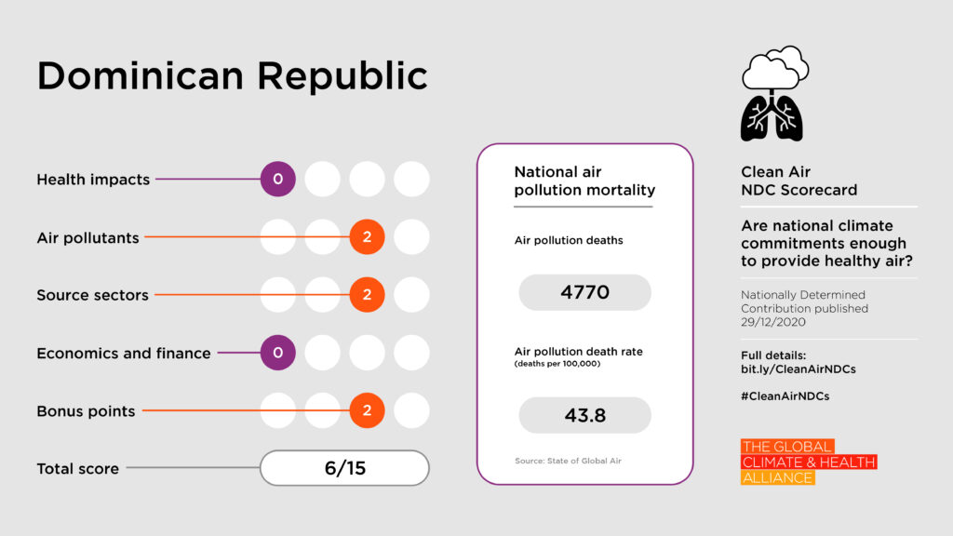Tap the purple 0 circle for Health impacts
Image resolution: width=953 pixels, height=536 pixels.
click(277, 180)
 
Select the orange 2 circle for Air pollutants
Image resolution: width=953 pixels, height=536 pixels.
click(367, 237)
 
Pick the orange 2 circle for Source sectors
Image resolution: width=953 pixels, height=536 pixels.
click(367, 295)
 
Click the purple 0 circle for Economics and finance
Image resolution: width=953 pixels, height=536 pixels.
click(277, 353)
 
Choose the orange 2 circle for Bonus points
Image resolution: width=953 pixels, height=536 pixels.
click(367, 410)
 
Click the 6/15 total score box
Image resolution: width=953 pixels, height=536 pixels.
click(344, 468)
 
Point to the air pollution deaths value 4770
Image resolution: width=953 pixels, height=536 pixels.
click(584, 292)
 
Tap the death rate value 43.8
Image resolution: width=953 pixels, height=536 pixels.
click(584, 415)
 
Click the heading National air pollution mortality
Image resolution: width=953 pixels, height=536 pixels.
click(584, 181)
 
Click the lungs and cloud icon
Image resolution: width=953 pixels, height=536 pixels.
click(773, 93)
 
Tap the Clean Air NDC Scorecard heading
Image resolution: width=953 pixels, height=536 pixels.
click(799, 181)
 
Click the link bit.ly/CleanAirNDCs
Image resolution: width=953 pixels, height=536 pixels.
click(798, 369)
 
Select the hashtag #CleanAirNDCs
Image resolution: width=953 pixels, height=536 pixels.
click(785, 395)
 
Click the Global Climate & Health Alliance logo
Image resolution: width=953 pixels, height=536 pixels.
click(808, 462)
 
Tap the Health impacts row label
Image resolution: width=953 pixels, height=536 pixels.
click(93, 180)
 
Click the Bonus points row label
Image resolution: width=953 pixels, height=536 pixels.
click(86, 411)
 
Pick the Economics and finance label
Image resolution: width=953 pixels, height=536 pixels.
click(124, 354)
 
